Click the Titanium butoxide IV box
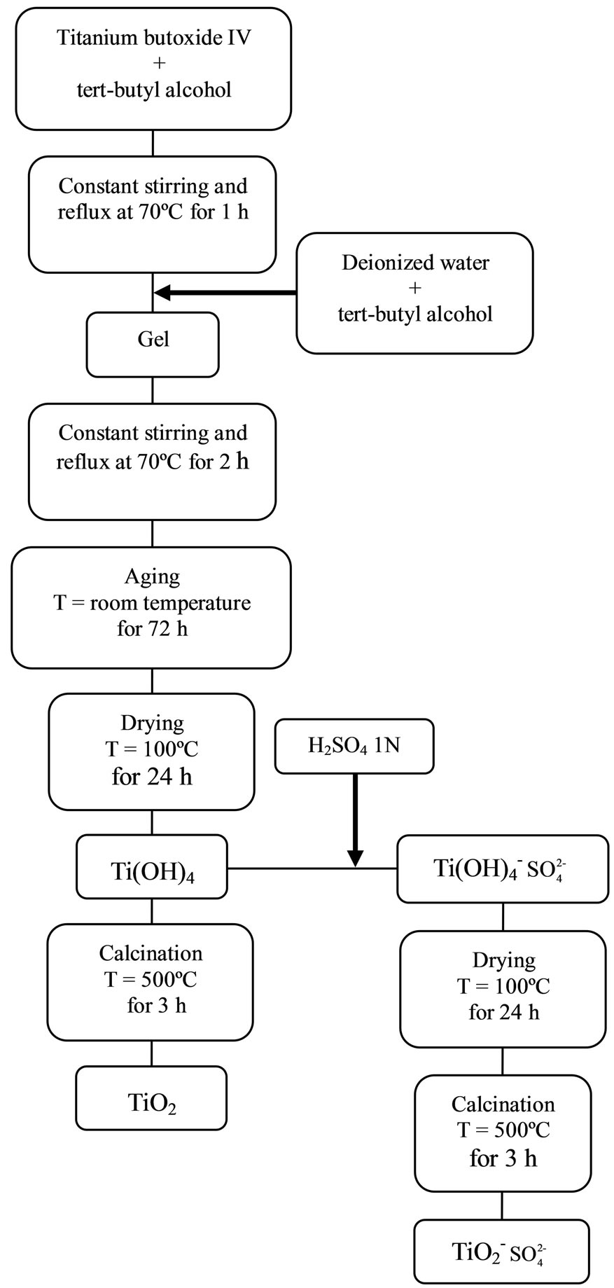tap(153, 68)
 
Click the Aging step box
tap(151, 607)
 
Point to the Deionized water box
tap(414, 293)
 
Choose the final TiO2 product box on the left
tap(151, 1097)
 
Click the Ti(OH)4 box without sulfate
tap(151, 866)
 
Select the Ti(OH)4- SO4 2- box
tap(502, 868)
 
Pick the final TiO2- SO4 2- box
tap(501, 1251)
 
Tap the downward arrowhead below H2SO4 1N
tap(355, 857)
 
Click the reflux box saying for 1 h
tap(152, 214)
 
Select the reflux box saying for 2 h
tap(152, 461)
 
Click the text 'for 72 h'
tap(152, 628)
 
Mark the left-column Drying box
tap(151, 752)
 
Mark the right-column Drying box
tap(503, 988)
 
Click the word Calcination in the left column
tap(151, 953)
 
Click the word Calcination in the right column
tap(503, 1105)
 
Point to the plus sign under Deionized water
tap(414, 289)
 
